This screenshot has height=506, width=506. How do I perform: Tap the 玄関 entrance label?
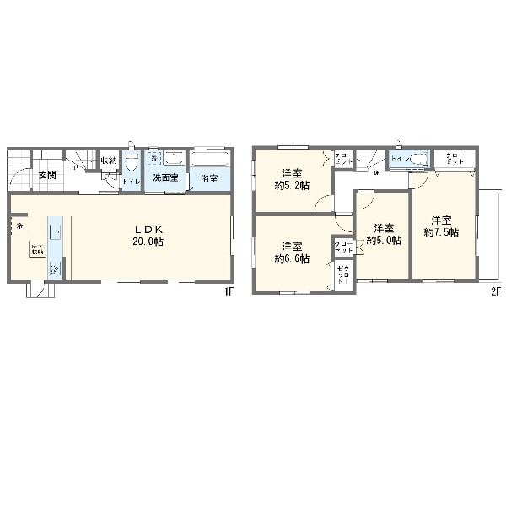(46, 176)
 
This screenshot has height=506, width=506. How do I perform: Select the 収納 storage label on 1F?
(108, 161)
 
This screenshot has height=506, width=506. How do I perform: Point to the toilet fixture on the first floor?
(130, 164)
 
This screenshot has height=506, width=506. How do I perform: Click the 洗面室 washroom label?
(164, 178)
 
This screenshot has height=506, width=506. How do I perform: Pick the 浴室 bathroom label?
(209, 178)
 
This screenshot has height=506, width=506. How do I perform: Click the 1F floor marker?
(227, 291)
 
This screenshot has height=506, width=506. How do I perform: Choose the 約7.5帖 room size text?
(441, 226)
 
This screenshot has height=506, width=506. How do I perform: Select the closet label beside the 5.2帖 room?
(343, 160)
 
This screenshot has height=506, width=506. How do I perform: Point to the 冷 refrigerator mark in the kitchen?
(21, 226)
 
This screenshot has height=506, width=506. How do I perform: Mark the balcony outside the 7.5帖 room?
(488, 233)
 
